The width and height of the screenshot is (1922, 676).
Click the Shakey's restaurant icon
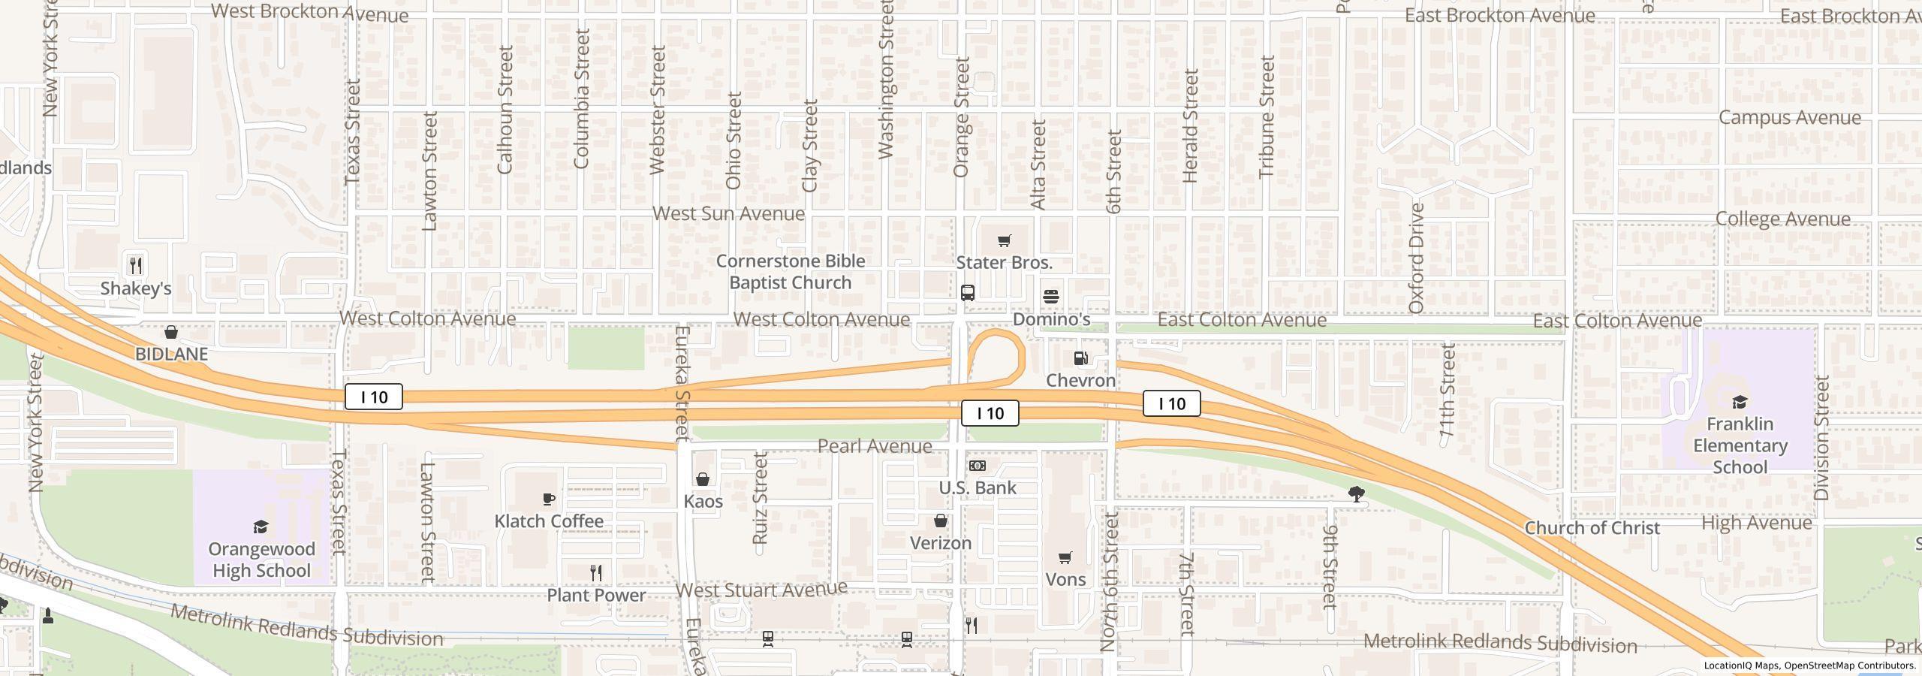coord(136,265)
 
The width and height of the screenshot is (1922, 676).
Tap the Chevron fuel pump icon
coord(1081,358)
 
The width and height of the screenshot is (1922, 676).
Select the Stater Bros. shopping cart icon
coord(1004,241)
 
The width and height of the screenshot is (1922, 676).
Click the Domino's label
coord(1051,319)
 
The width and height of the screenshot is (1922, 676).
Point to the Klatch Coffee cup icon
coord(549,499)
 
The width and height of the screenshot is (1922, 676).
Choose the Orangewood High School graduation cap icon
coord(261,527)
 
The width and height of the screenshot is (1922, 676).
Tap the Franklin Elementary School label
coord(1740,445)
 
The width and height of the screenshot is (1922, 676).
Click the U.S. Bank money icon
coord(978,466)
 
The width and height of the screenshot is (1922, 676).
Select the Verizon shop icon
coord(941,521)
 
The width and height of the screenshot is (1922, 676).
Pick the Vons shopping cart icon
coord(1065,557)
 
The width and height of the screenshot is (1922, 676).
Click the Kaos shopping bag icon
coord(703,479)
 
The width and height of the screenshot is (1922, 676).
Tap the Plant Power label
coord(596,595)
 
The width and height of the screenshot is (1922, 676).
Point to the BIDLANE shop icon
coord(171,332)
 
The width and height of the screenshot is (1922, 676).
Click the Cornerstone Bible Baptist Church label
coord(791,272)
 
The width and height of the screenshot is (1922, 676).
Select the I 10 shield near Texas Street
coord(374,397)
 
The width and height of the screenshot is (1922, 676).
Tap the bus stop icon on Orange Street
coord(968,293)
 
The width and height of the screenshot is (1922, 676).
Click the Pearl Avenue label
coord(875,446)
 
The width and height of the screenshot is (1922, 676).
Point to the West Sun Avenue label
coord(728,213)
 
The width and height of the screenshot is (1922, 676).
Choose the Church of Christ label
coord(1592,528)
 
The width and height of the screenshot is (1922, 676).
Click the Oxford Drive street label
coord(1417,258)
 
